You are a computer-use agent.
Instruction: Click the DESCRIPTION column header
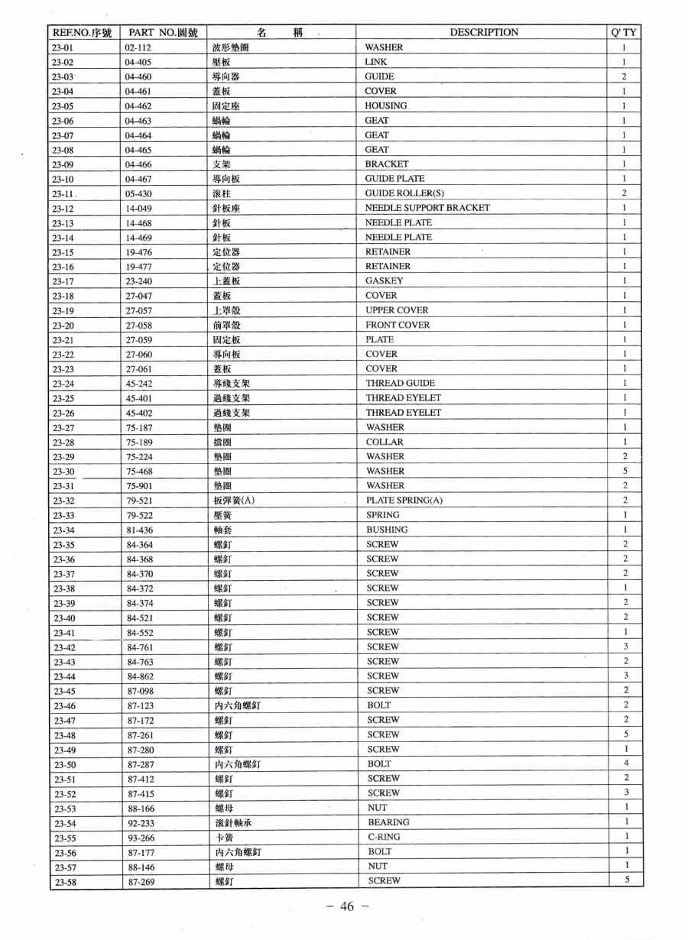point(483,32)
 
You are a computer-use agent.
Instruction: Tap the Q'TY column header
point(625,32)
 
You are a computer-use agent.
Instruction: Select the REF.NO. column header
point(82,32)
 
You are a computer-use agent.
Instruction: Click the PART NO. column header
point(163,32)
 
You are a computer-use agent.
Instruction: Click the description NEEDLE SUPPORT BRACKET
point(427,208)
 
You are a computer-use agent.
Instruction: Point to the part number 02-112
point(138,47)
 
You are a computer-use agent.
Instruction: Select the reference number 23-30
point(63,472)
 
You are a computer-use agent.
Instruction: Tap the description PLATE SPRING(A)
point(404,501)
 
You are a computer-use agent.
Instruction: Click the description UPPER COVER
point(396,310)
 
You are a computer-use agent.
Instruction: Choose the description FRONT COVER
point(397,325)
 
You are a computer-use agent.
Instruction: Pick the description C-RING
point(384,837)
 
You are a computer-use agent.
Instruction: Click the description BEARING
point(388,822)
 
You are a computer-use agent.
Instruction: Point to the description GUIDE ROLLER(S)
point(404,193)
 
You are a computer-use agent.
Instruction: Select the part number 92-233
point(141,822)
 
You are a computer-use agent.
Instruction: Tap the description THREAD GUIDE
point(400,383)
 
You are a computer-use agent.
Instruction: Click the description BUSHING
point(386,530)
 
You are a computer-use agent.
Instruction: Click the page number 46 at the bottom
point(347,906)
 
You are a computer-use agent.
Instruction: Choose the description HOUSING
point(385,105)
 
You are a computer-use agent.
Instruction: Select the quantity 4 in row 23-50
point(625,763)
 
